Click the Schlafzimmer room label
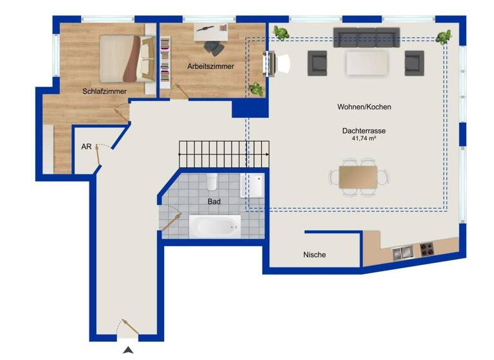point(104,91)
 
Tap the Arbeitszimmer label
point(210,66)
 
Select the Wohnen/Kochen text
point(364,107)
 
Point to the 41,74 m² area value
point(363,138)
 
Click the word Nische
point(315,255)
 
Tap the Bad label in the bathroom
point(214,201)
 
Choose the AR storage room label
point(86,147)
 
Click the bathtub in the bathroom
point(215,226)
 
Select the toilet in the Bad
point(212,181)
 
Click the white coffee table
point(367,63)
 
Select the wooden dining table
point(360,177)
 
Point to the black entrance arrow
point(129,350)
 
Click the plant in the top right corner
point(444,37)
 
